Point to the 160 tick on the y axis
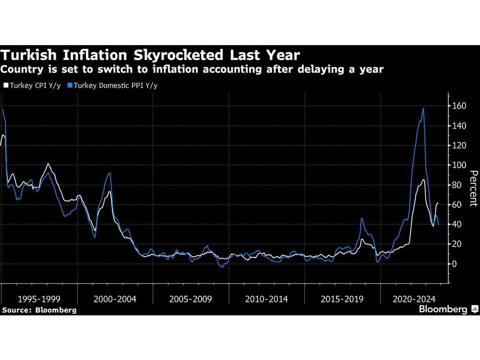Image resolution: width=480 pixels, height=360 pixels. tap(458, 106)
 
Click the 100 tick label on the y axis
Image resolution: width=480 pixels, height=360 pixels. tap(458, 165)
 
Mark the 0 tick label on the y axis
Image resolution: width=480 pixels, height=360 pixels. tap(454, 264)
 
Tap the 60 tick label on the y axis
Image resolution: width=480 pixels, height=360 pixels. tap(456, 205)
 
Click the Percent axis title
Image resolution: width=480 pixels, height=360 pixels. tap(473, 188)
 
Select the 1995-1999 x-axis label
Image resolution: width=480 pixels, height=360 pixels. tap(38, 299)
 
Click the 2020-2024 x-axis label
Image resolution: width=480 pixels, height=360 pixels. tap(417, 299)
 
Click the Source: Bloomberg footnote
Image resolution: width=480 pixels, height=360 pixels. tap(39, 310)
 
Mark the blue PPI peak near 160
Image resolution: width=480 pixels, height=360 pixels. tap(423, 108)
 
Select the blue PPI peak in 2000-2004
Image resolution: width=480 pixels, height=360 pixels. tap(110, 173)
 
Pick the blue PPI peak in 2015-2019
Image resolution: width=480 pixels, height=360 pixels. tap(361, 218)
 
